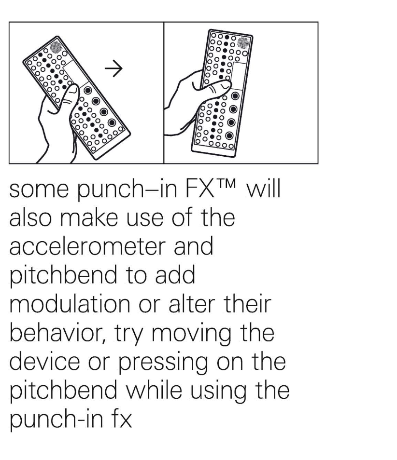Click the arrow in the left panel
[x=113, y=68]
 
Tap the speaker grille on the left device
[x=56, y=46]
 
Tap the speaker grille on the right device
[x=243, y=42]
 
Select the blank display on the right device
[x=239, y=76]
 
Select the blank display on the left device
[x=76, y=73]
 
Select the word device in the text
[x=44, y=362]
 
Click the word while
[x=155, y=390]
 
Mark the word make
[x=89, y=217]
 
